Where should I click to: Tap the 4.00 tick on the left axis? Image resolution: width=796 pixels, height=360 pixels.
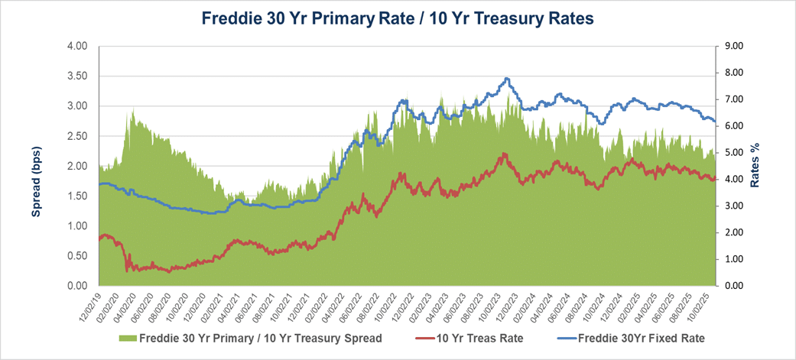tap(77, 47)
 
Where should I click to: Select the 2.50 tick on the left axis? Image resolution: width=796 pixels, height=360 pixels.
tap(77, 136)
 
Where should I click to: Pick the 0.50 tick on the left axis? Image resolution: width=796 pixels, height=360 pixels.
tap(77, 256)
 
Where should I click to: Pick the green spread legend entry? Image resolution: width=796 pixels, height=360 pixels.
tap(244, 336)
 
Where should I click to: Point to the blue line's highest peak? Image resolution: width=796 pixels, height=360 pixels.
tap(506, 78)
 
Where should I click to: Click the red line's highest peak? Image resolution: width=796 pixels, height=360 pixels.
tap(504, 154)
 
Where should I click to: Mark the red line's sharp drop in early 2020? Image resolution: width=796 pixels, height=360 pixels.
tap(126, 260)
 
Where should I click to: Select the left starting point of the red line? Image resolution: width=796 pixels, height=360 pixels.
tap(100, 239)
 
